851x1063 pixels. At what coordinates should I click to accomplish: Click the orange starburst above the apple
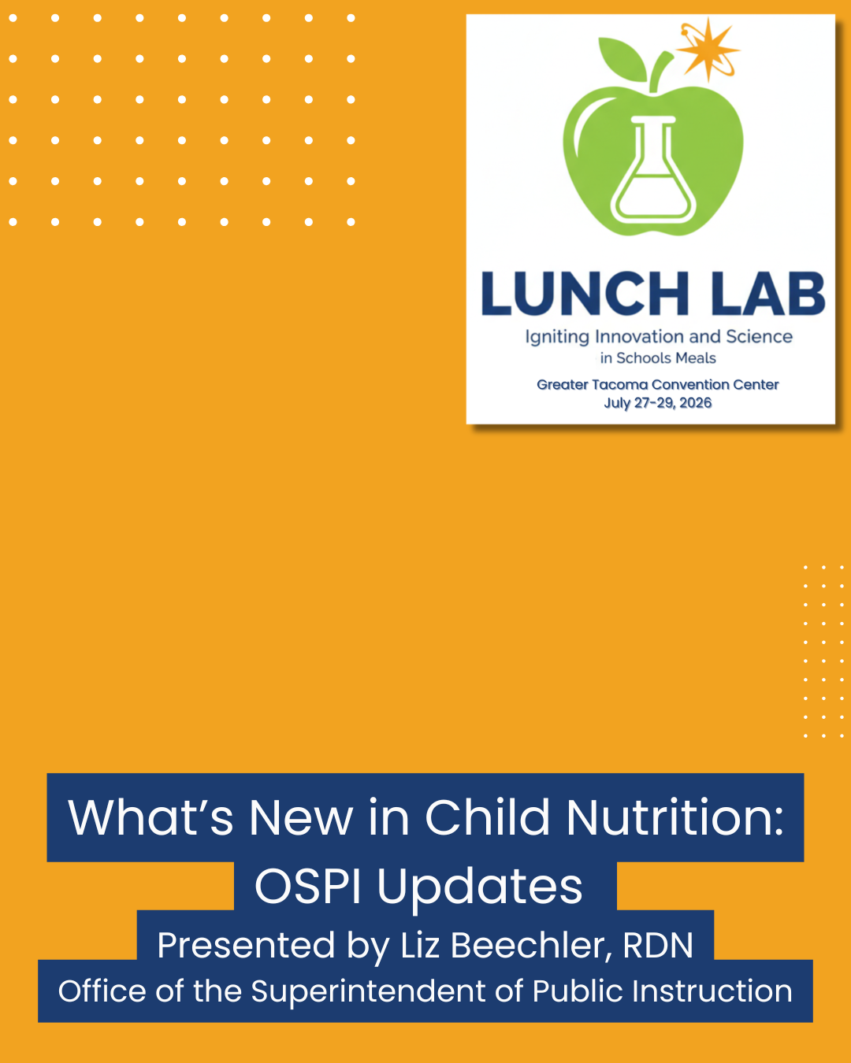click(x=708, y=50)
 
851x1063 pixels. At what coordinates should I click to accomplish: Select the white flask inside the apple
click(x=653, y=169)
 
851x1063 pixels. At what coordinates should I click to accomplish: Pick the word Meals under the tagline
click(x=696, y=357)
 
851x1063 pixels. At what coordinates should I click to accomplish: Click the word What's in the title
click(x=151, y=817)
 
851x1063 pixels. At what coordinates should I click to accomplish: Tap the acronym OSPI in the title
click(x=307, y=887)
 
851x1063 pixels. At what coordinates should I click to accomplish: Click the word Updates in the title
click(x=480, y=887)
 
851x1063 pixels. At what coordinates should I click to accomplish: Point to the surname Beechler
click(x=528, y=946)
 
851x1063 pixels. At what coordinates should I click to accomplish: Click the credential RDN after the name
click(x=658, y=946)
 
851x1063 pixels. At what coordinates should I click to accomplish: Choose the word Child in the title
click(x=487, y=817)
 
